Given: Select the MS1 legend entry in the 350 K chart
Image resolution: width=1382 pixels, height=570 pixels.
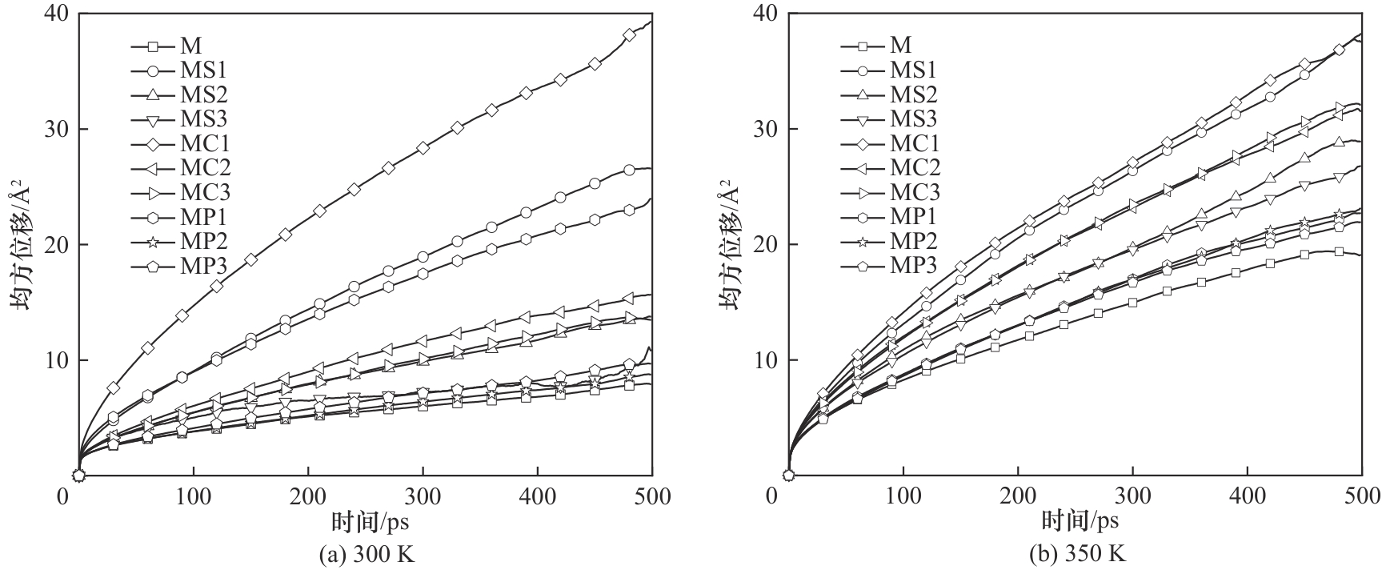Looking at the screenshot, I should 912,70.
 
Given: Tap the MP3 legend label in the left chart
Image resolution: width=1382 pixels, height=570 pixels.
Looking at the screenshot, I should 203,265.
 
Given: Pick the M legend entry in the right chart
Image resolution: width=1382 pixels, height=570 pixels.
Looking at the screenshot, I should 901,45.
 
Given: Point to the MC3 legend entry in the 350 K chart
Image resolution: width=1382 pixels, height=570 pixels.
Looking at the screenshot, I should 915,192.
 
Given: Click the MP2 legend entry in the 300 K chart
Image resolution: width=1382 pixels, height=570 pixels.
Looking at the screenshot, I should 203,241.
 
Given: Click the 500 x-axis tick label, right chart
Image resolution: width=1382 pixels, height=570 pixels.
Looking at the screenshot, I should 1361,497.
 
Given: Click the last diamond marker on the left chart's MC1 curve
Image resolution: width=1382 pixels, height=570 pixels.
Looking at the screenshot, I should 629,34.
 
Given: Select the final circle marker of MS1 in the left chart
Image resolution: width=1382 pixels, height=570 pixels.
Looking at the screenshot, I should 629,170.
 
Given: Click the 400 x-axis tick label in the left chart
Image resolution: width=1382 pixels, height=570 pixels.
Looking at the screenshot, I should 537,497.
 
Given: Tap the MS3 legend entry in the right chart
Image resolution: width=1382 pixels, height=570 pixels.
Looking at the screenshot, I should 912,118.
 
